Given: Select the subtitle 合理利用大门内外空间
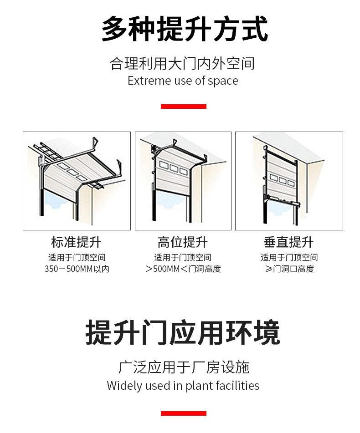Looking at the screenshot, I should coord(182,63).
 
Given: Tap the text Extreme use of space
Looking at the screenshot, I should coord(183,81).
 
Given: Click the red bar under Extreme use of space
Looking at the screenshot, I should coord(183,107).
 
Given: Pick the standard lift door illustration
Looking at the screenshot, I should coord(77,181).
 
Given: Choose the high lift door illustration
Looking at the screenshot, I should coord(183,181).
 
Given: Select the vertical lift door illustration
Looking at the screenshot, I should coord(288,181).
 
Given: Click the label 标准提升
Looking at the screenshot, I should coord(76,242).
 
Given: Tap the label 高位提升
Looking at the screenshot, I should coord(182,242).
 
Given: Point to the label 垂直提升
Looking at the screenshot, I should coord(288,242).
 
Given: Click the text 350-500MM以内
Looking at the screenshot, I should coord(77,269).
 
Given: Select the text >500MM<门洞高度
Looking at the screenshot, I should coord(183,269).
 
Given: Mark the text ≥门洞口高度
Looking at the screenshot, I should coord(289,269).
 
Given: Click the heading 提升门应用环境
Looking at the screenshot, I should coord(182,332).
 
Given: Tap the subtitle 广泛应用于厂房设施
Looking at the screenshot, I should coord(183,367).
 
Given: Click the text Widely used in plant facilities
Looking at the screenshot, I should coord(183,386).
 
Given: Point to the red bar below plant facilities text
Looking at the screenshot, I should coord(183,413).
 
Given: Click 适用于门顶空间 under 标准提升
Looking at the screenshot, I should coord(77,257).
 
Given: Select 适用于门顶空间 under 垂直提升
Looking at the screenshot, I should coord(289,257).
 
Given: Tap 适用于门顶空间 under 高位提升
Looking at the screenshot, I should coord(183,257).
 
